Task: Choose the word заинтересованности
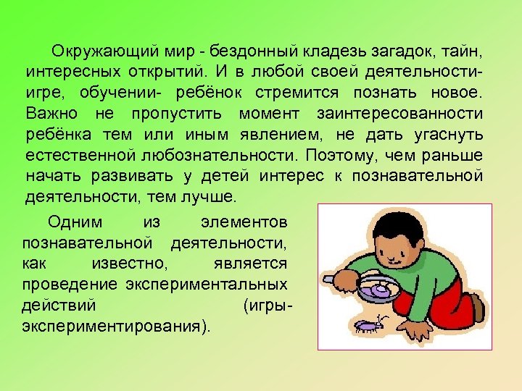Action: pos(400,114)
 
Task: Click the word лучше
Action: pos(215,196)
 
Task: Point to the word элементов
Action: pos(248,222)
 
